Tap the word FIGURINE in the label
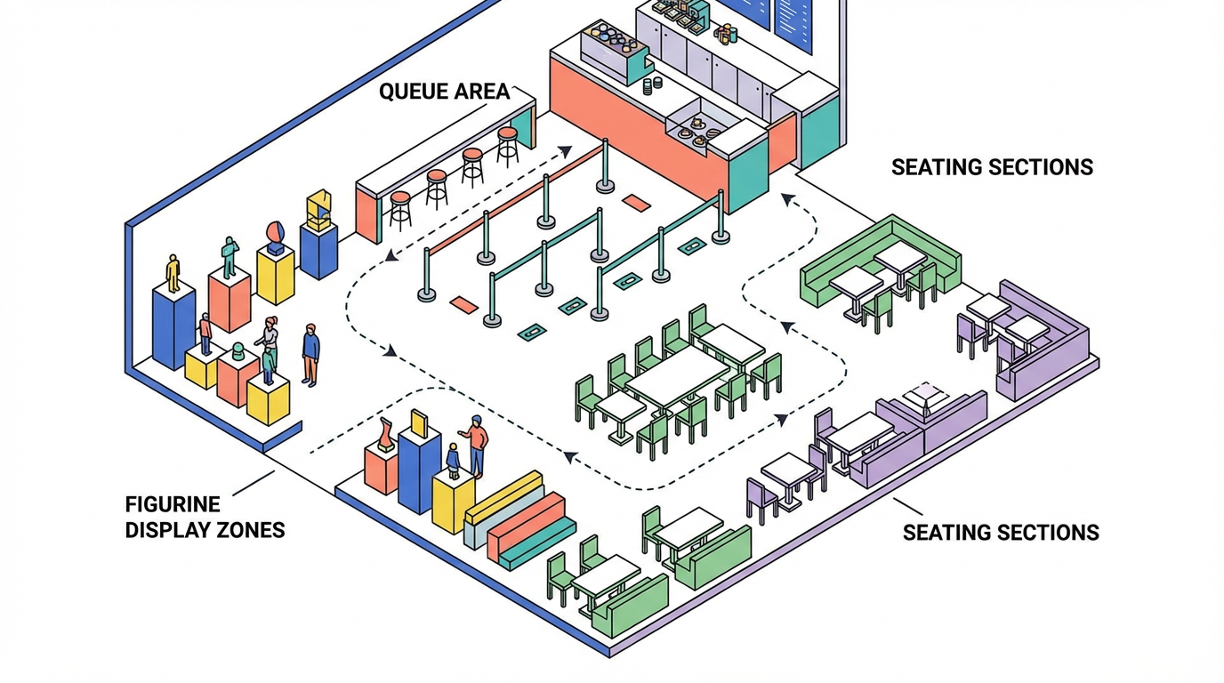[173, 503]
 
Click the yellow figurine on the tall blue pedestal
[173, 273]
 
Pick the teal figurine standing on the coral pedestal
[230, 257]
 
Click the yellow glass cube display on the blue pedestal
[319, 210]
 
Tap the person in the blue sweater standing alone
[310, 355]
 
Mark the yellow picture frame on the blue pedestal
[420, 423]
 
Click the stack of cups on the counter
[652, 85]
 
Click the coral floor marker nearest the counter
[637, 203]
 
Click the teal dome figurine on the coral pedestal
[238, 350]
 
